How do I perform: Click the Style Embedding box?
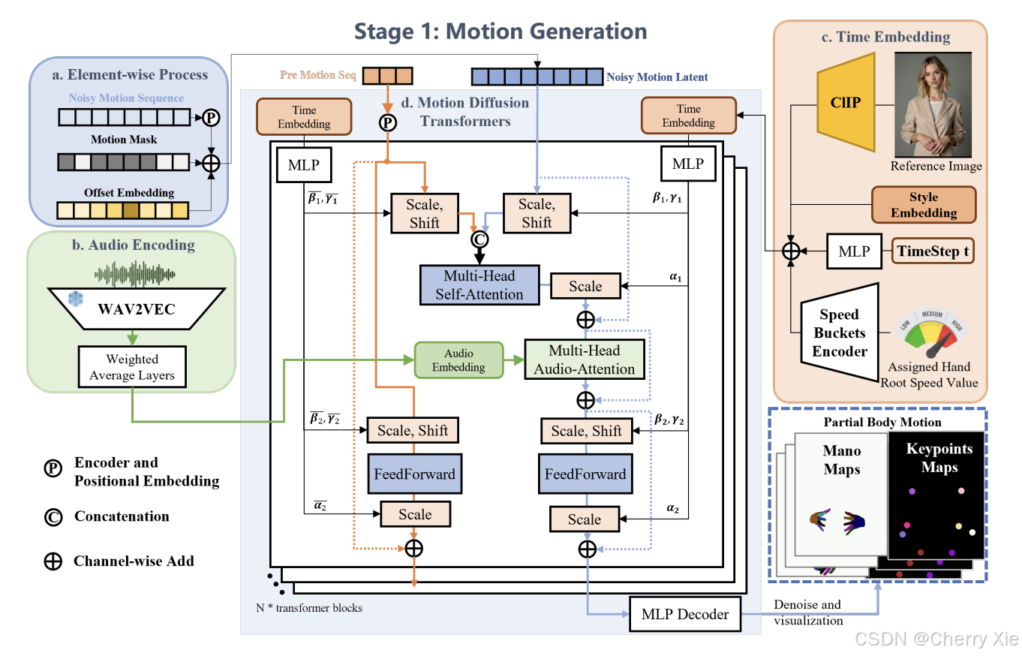point(923,205)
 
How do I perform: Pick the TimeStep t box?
point(933,251)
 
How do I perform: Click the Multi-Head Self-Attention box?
point(480,284)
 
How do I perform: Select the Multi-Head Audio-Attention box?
point(585,360)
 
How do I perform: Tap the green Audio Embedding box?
point(458,360)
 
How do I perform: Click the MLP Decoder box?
point(685,615)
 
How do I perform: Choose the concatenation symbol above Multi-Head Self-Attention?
point(479,240)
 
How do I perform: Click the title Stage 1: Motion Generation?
point(500,32)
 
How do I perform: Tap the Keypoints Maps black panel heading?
point(939,458)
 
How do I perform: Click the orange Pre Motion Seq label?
point(319,76)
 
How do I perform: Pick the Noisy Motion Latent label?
point(657,77)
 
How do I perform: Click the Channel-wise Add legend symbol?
point(53,561)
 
